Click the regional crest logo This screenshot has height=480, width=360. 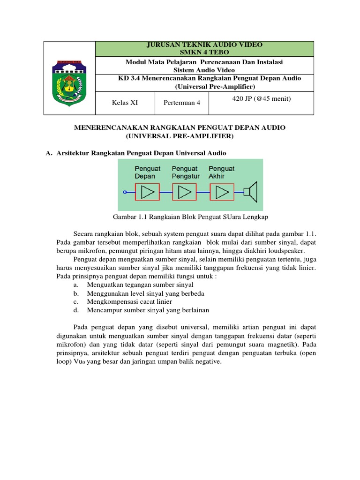[x=69, y=78]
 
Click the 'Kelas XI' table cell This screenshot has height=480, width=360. [x=125, y=103]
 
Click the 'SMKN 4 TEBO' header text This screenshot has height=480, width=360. [x=205, y=52]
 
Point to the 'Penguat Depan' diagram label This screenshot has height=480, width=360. [x=147, y=172]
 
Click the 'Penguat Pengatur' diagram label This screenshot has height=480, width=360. [x=186, y=172]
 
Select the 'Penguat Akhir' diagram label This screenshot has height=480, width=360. [x=221, y=172]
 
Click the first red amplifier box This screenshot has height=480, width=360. [x=147, y=192]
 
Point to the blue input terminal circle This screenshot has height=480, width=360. [x=125, y=192]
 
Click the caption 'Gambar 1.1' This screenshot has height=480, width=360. [x=130, y=217]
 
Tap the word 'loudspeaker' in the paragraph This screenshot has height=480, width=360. [x=298, y=251]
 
